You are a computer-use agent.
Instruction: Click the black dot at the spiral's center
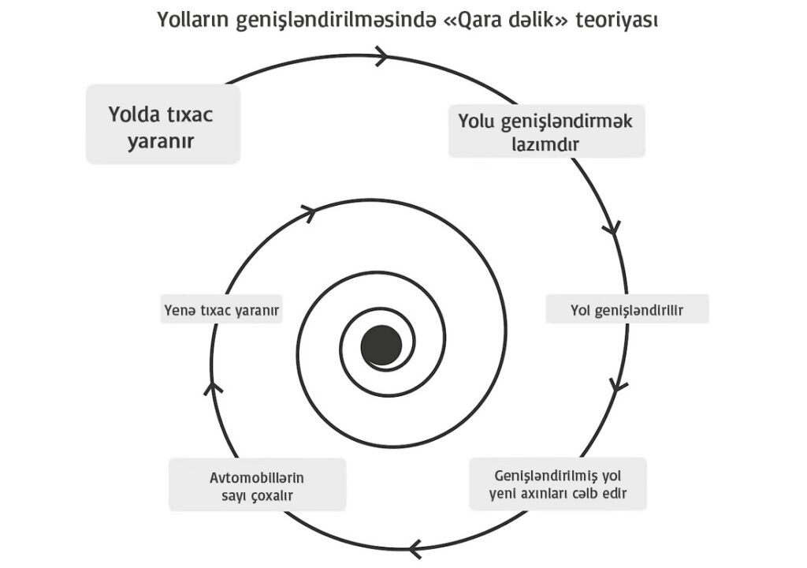tap(381, 346)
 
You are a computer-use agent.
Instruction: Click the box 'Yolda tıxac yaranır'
tap(163, 124)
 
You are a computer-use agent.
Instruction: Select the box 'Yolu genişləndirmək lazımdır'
tap(547, 132)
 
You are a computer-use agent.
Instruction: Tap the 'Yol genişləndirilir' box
tap(627, 309)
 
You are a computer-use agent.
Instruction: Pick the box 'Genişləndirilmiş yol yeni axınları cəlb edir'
tap(558, 484)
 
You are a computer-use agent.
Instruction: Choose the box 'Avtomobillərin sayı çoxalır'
tap(258, 484)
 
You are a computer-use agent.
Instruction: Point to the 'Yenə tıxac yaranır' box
tap(221, 309)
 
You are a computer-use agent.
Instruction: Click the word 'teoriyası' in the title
tap(616, 20)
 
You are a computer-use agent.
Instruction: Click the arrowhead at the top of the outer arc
tap(381, 56)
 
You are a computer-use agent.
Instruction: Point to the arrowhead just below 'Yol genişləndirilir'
tap(618, 384)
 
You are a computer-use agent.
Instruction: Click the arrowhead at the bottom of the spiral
tap(415, 548)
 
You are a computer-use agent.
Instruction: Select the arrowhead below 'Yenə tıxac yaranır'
tap(212, 388)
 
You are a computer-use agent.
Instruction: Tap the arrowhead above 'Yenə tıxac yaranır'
tap(308, 212)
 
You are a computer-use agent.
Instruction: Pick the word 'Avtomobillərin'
tap(257, 478)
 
